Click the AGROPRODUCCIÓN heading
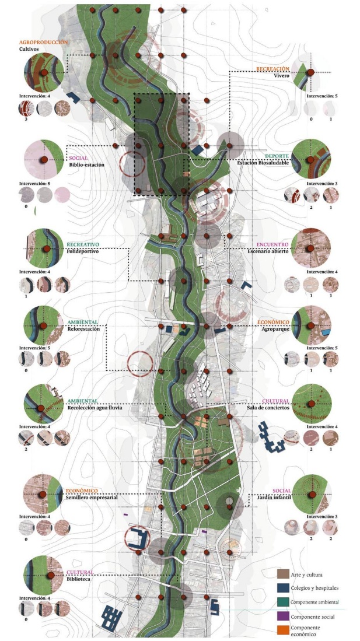[43, 43]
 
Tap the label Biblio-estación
[86, 165]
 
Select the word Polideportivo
[82, 251]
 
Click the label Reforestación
[83, 329]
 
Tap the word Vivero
[282, 76]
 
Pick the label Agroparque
[274, 329]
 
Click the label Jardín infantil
[272, 498]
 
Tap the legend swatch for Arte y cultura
[283, 575]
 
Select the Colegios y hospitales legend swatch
[283, 588]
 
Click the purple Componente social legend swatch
[283, 616]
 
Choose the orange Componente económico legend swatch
[283, 630]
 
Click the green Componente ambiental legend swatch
[283, 602]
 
